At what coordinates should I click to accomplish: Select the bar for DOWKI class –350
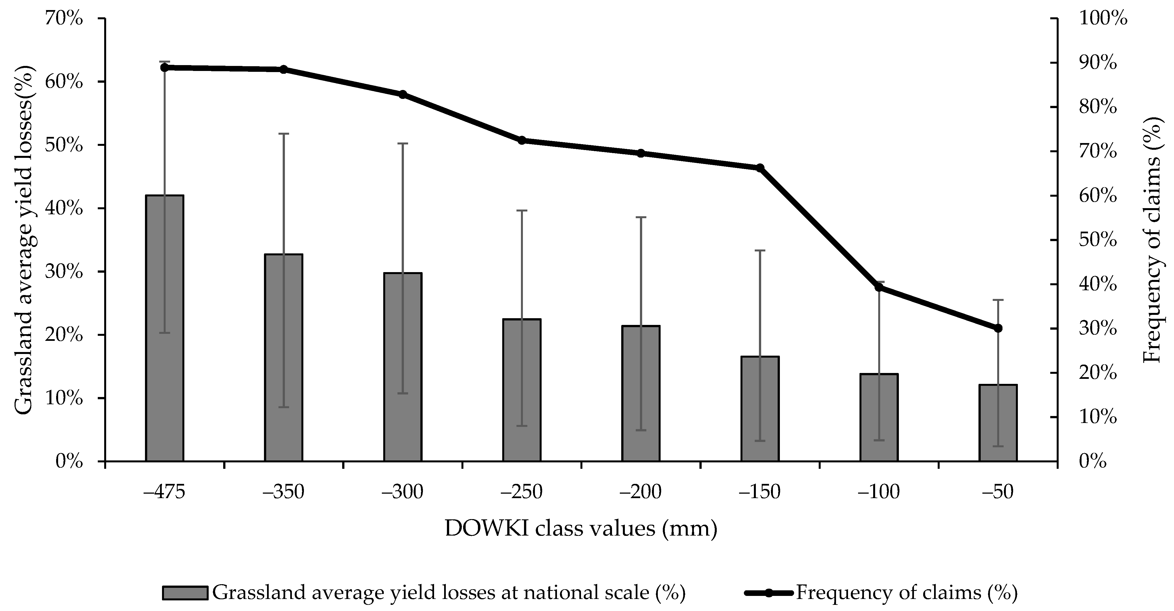pos(284,358)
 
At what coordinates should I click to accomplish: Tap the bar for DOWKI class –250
pos(522,390)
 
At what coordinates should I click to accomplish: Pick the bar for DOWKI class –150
pos(760,408)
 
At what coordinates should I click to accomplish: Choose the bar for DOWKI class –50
pos(998,423)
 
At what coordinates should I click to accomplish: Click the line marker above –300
pos(403,94)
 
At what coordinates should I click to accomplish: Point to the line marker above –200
pos(641,153)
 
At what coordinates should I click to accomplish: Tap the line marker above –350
pos(284,69)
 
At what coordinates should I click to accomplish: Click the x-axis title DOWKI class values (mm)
pos(581,529)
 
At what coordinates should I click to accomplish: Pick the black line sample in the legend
pos(769,593)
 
